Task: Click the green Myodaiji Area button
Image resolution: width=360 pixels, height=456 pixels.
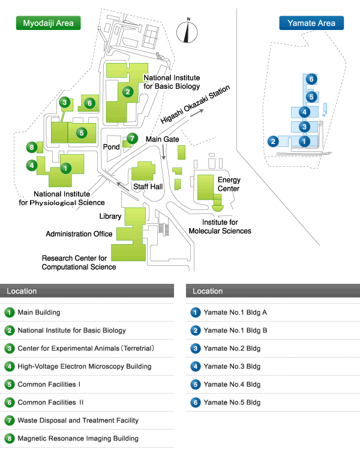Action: (x=48, y=23)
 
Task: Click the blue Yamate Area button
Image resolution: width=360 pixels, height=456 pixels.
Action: (x=311, y=23)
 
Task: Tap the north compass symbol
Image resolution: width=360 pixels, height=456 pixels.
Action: (x=187, y=32)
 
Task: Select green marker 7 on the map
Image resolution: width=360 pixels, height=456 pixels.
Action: (x=133, y=138)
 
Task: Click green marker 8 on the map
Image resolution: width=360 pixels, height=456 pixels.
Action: (x=32, y=147)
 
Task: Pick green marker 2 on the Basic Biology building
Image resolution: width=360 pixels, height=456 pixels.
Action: (x=128, y=92)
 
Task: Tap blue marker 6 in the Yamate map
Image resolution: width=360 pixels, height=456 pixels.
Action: (x=311, y=79)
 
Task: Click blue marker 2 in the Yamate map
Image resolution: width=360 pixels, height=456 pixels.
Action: (x=273, y=142)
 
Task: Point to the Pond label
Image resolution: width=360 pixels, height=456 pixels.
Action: (x=112, y=147)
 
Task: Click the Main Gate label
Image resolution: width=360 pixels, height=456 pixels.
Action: (x=162, y=139)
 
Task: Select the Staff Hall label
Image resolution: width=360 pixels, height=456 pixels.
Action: (x=148, y=187)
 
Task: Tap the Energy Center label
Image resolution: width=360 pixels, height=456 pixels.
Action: (x=229, y=184)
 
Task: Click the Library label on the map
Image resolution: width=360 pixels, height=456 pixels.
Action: (x=110, y=217)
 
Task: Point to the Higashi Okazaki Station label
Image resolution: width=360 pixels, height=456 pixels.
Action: (x=195, y=104)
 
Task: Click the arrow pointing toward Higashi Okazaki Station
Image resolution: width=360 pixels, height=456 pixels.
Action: (x=197, y=113)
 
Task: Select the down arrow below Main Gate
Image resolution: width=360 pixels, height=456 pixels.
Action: (x=163, y=152)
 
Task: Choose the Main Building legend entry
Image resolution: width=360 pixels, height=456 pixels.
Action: (x=32, y=313)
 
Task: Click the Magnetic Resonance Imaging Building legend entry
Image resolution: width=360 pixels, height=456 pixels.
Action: (x=71, y=438)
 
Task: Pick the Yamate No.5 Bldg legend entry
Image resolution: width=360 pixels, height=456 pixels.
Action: (x=226, y=403)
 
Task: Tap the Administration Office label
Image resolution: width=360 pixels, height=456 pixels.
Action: (x=79, y=234)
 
